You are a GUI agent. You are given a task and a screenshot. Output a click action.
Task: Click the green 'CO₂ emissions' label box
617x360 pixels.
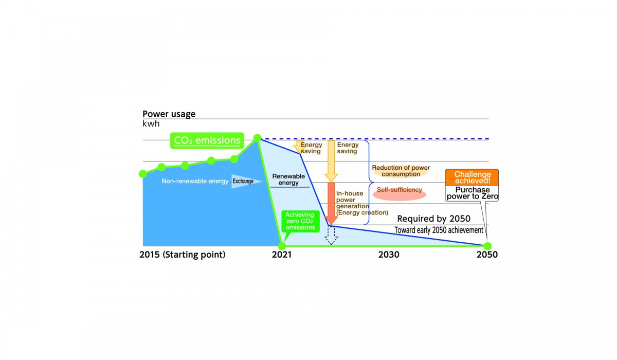tap(207, 140)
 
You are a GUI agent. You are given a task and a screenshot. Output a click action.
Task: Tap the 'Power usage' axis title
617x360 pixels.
tap(169, 114)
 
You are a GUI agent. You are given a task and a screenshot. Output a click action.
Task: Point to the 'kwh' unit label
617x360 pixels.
tap(151, 123)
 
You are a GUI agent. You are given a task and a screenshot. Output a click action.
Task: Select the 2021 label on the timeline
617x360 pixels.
tap(282, 255)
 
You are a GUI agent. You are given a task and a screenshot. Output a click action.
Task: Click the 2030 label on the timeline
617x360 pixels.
tap(388, 255)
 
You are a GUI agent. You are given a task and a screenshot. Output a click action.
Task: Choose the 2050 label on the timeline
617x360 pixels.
tap(487, 255)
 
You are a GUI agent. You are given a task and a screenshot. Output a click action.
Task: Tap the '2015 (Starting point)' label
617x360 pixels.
tap(183, 255)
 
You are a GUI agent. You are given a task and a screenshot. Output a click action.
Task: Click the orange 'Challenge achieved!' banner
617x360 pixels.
tap(472, 177)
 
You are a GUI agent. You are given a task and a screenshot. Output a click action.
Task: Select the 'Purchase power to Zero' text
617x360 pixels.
tap(473, 193)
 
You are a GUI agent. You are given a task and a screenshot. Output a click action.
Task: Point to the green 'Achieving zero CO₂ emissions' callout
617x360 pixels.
tap(300, 221)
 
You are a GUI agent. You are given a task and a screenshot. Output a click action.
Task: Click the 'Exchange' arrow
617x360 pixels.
tap(247, 181)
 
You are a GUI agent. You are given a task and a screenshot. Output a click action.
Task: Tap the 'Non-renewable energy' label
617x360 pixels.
tap(195, 181)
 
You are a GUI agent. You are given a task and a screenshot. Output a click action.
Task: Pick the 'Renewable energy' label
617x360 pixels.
tap(288, 179)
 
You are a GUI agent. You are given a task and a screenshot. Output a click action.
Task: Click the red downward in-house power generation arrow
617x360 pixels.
tap(331, 203)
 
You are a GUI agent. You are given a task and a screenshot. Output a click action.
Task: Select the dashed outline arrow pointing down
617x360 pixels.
tap(331, 235)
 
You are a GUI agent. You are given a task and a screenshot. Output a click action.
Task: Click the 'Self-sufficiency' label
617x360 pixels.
tap(400, 190)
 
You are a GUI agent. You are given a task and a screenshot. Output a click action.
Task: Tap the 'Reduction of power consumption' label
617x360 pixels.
tap(401, 171)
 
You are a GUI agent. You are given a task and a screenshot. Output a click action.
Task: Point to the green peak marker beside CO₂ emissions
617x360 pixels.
tap(257, 138)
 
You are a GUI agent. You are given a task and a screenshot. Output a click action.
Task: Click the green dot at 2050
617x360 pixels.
tap(487, 246)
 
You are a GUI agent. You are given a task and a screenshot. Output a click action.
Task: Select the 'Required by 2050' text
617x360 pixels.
tap(433, 219)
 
